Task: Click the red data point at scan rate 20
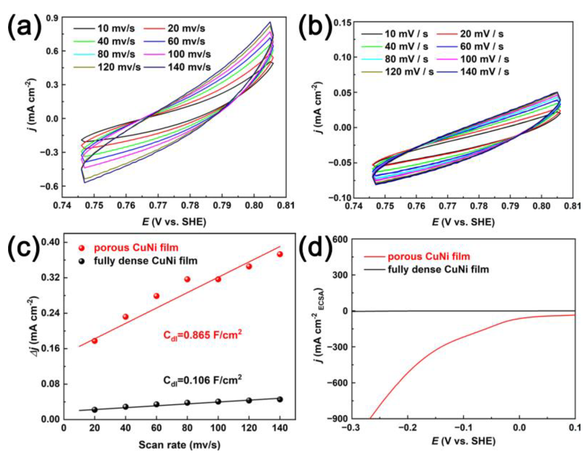pyautogui.click(x=94, y=341)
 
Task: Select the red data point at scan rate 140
pyautogui.click(x=280, y=254)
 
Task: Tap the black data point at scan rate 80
pyautogui.click(x=187, y=403)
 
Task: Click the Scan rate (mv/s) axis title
pyautogui.click(x=179, y=445)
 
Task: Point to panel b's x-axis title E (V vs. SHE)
pyautogui.click(x=463, y=222)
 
